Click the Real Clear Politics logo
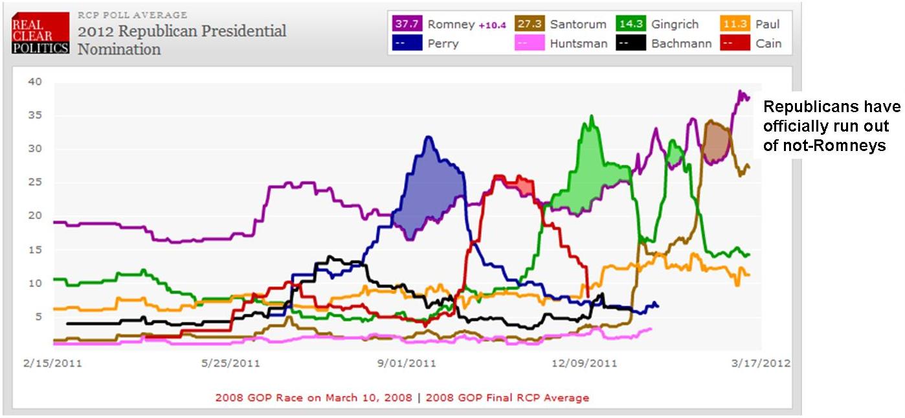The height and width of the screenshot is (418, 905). tap(40, 34)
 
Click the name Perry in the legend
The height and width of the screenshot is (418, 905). tap(443, 44)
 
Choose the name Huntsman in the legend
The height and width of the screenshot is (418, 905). tap(579, 44)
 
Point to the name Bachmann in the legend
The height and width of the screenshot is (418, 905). tap(682, 44)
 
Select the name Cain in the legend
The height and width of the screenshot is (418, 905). tap(768, 44)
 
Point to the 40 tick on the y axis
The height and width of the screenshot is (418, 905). tap(34, 82)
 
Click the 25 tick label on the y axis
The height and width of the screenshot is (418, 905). tap(34, 182)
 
